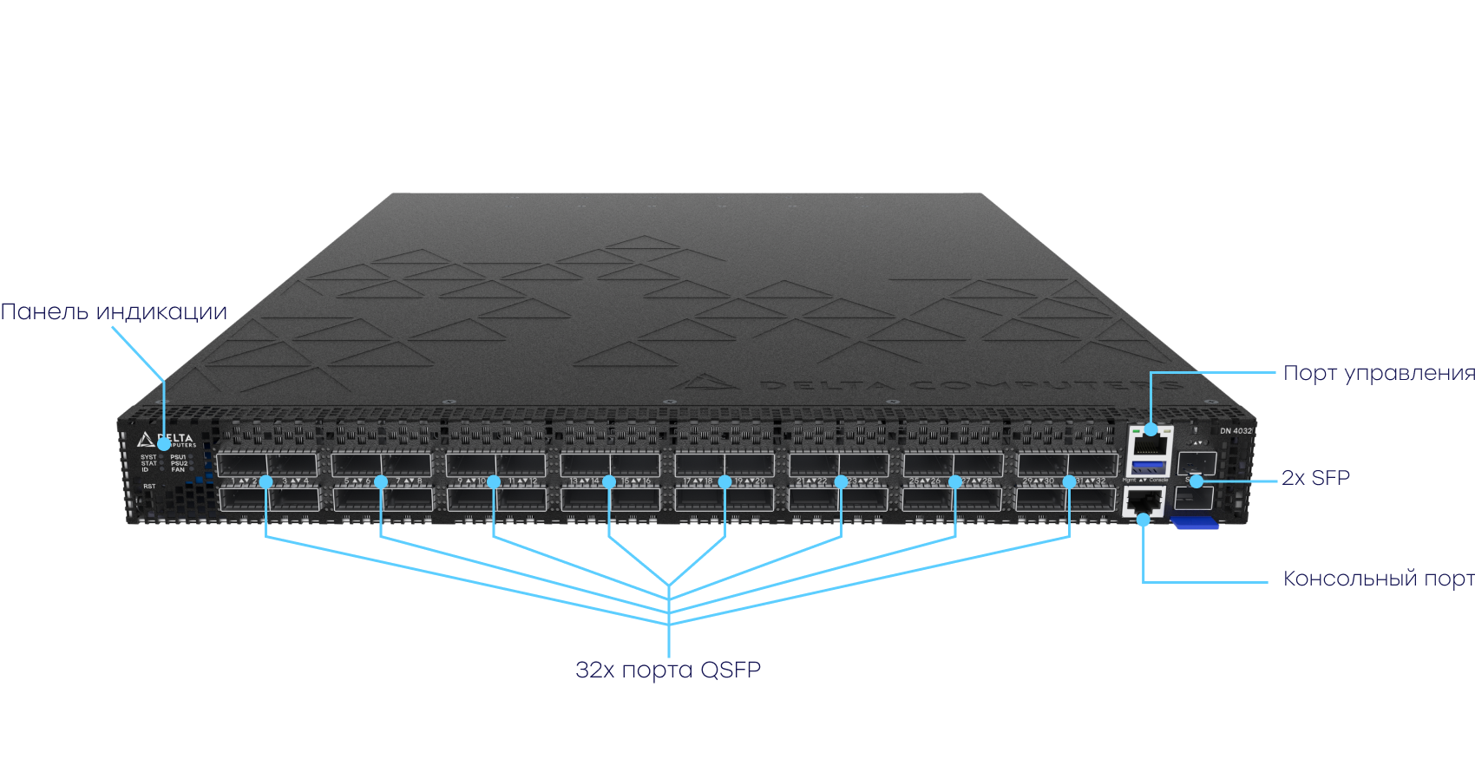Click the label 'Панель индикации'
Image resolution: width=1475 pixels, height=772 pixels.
click(x=114, y=312)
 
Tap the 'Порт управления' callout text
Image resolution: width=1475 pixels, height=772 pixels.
click(x=1378, y=373)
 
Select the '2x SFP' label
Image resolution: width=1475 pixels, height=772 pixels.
click(x=1315, y=478)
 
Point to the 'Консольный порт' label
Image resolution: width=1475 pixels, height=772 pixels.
click(x=1378, y=579)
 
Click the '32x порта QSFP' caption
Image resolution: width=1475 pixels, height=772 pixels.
click(x=668, y=670)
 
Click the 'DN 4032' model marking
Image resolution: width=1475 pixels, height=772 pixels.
click(x=1236, y=431)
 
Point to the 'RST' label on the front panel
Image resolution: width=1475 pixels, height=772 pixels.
click(x=149, y=487)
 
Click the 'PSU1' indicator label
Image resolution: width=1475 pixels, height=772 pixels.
click(x=178, y=457)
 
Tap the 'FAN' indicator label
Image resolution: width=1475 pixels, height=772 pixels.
click(x=177, y=469)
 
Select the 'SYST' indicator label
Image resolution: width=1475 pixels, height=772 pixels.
click(x=148, y=457)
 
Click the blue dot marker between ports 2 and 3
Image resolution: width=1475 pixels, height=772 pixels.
click(x=266, y=481)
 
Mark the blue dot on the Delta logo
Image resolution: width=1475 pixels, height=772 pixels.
click(x=164, y=443)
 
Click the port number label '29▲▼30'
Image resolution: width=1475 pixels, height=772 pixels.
click(x=1038, y=481)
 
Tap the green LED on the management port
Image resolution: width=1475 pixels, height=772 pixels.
click(x=1137, y=429)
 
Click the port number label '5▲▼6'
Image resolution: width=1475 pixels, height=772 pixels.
click(x=357, y=481)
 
